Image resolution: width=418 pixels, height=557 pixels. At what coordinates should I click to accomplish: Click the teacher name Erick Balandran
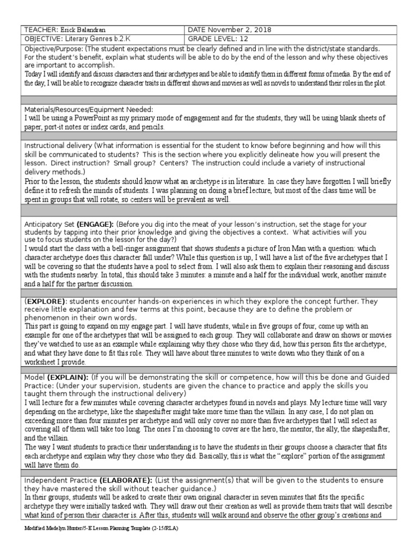tap(80, 30)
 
